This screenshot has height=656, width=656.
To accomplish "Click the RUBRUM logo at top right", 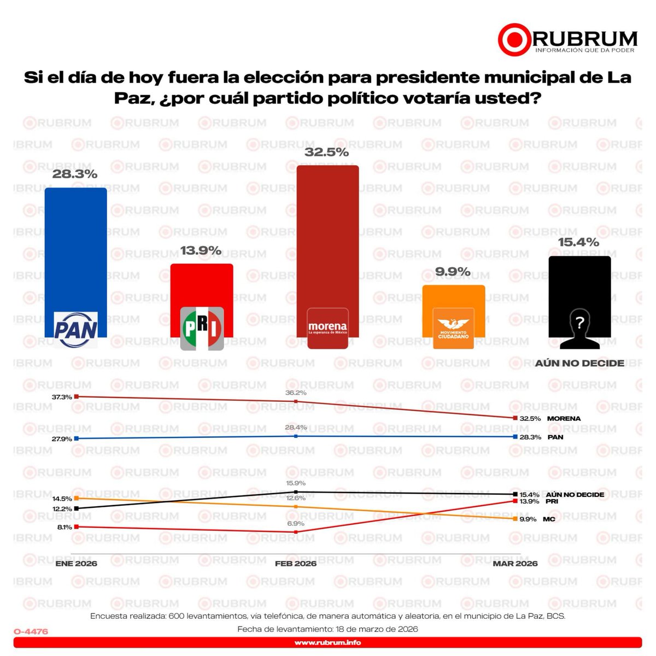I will (x=567, y=39).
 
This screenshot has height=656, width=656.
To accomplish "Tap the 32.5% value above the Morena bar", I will (x=326, y=152).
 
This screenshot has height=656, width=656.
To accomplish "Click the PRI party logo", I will (x=202, y=328).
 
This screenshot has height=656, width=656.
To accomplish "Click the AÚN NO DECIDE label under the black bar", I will (x=579, y=363).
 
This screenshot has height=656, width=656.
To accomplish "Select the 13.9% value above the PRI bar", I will (x=201, y=251).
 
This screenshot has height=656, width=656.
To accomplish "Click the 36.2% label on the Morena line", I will (x=296, y=393).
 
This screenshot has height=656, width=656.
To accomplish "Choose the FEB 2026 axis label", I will (x=296, y=564).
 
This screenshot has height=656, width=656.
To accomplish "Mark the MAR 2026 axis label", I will (x=515, y=564).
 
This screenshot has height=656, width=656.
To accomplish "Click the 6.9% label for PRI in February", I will (x=296, y=524).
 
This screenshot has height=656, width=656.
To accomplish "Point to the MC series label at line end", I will (x=549, y=519).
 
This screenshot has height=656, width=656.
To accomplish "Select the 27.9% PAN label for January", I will (x=62, y=439).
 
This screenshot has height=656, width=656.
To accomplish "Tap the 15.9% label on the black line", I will (x=296, y=483).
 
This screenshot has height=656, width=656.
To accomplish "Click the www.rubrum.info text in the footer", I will (x=327, y=642).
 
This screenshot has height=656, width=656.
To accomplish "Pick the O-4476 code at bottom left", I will (x=31, y=631).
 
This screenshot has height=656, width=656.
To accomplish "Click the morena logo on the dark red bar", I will (x=327, y=328).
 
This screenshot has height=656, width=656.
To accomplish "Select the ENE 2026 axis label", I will (x=77, y=564).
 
